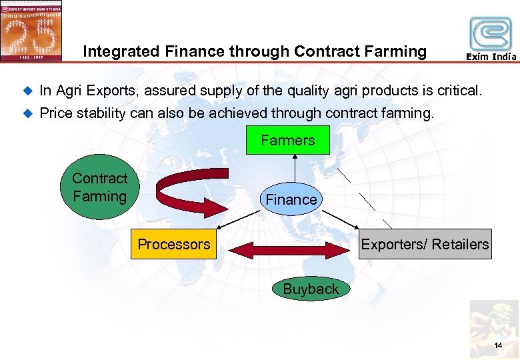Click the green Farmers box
(x=287, y=141)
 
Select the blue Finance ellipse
(x=291, y=199)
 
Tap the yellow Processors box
(x=173, y=245)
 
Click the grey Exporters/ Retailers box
(x=424, y=245)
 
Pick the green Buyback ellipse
(x=311, y=289)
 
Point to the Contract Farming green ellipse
(x=99, y=188)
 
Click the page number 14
(x=498, y=345)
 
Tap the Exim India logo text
(x=491, y=57)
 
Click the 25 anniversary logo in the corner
(x=31, y=30)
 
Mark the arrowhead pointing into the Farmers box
(x=291, y=159)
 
